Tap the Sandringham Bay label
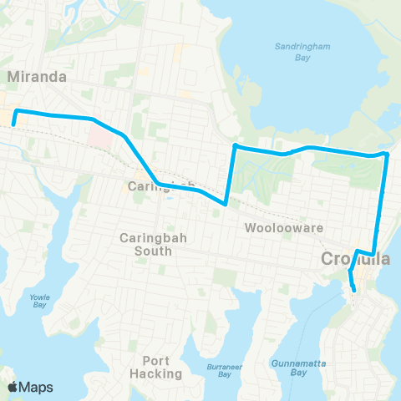click(x=300, y=52)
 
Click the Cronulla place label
click(x=356, y=260)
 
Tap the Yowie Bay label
click(x=39, y=301)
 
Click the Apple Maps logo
click(x=32, y=387)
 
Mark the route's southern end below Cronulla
click(x=354, y=290)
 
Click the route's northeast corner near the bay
click(x=387, y=154)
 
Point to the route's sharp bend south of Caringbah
click(x=226, y=203)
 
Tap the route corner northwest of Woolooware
click(x=235, y=146)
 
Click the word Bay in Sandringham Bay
click(x=300, y=58)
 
